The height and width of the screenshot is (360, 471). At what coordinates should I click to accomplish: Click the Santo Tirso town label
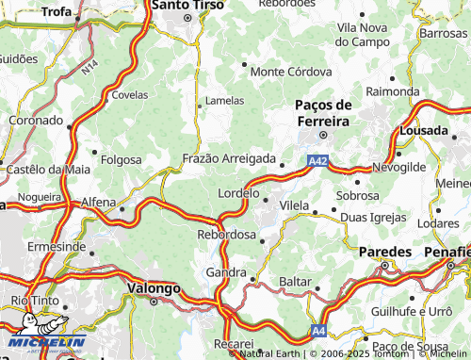tap(188, 6)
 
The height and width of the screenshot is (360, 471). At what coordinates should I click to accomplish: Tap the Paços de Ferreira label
tap(323, 112)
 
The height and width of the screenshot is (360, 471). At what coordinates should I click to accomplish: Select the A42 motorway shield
tap(317, 162)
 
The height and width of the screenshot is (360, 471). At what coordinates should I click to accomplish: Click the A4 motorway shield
tap(319, 330)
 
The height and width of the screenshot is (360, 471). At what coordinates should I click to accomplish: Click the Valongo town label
tap(154, 288)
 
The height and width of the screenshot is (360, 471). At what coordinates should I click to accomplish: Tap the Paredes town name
tap(385, 253)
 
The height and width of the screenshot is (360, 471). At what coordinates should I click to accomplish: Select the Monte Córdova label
tap(291, 72)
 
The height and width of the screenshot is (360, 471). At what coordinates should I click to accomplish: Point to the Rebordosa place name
tap(226, 235)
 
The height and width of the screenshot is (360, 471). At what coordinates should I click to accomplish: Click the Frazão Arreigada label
tap(230, 159)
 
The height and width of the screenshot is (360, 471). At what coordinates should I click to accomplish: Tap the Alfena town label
tap(98, 202)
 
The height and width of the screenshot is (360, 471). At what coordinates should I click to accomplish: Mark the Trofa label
tap(57, 11)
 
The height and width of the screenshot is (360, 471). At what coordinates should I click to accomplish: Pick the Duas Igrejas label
tap(373, 218)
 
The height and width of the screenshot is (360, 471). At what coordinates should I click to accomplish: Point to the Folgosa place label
tap(120, 159)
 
